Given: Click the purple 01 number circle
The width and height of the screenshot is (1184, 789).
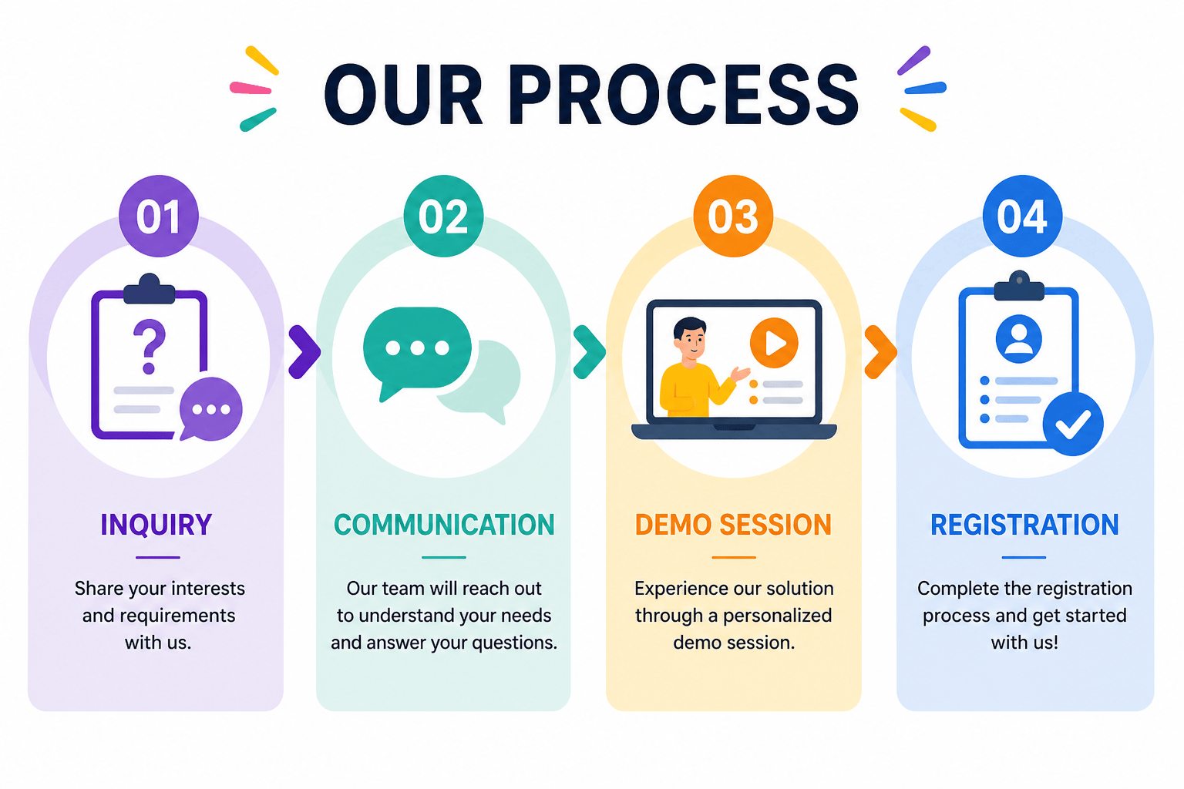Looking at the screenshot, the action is [159, 216].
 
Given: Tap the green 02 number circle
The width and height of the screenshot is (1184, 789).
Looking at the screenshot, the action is [443, 216].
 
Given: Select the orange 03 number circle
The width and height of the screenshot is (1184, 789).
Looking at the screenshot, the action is [733, 216].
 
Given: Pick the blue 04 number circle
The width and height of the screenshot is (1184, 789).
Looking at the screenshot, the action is [1022, 216].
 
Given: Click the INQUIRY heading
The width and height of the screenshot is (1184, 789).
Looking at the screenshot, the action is [156, 525].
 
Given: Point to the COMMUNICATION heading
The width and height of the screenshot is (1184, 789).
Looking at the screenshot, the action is [444, 525].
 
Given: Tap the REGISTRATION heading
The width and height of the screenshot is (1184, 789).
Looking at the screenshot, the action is [1024, 525].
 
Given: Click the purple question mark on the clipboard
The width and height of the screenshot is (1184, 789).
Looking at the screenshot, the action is [150, 346].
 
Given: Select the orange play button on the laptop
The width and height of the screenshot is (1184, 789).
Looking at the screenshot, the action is [774, 342].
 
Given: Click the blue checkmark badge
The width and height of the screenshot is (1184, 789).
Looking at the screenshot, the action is [1073, 424].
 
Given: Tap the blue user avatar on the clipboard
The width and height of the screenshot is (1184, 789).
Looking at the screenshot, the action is [1018, 339].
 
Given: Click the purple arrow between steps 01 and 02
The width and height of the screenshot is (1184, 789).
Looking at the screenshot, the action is [305, 352].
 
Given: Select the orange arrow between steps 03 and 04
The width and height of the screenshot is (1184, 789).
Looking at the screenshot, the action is [880, 352].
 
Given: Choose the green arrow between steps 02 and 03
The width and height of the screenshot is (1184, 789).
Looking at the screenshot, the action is [590, 352].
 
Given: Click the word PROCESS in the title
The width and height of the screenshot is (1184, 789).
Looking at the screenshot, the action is [684, 95].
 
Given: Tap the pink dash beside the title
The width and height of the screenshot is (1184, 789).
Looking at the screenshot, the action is [251, 88].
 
